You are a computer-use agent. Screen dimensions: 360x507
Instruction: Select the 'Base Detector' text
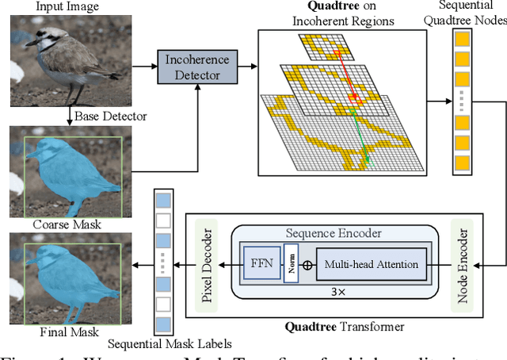[110, 117]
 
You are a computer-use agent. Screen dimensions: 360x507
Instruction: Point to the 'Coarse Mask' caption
[67, 224]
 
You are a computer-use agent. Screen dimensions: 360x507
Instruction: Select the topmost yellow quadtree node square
[462, 39]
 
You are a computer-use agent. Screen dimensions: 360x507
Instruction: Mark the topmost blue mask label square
[163, 200]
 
